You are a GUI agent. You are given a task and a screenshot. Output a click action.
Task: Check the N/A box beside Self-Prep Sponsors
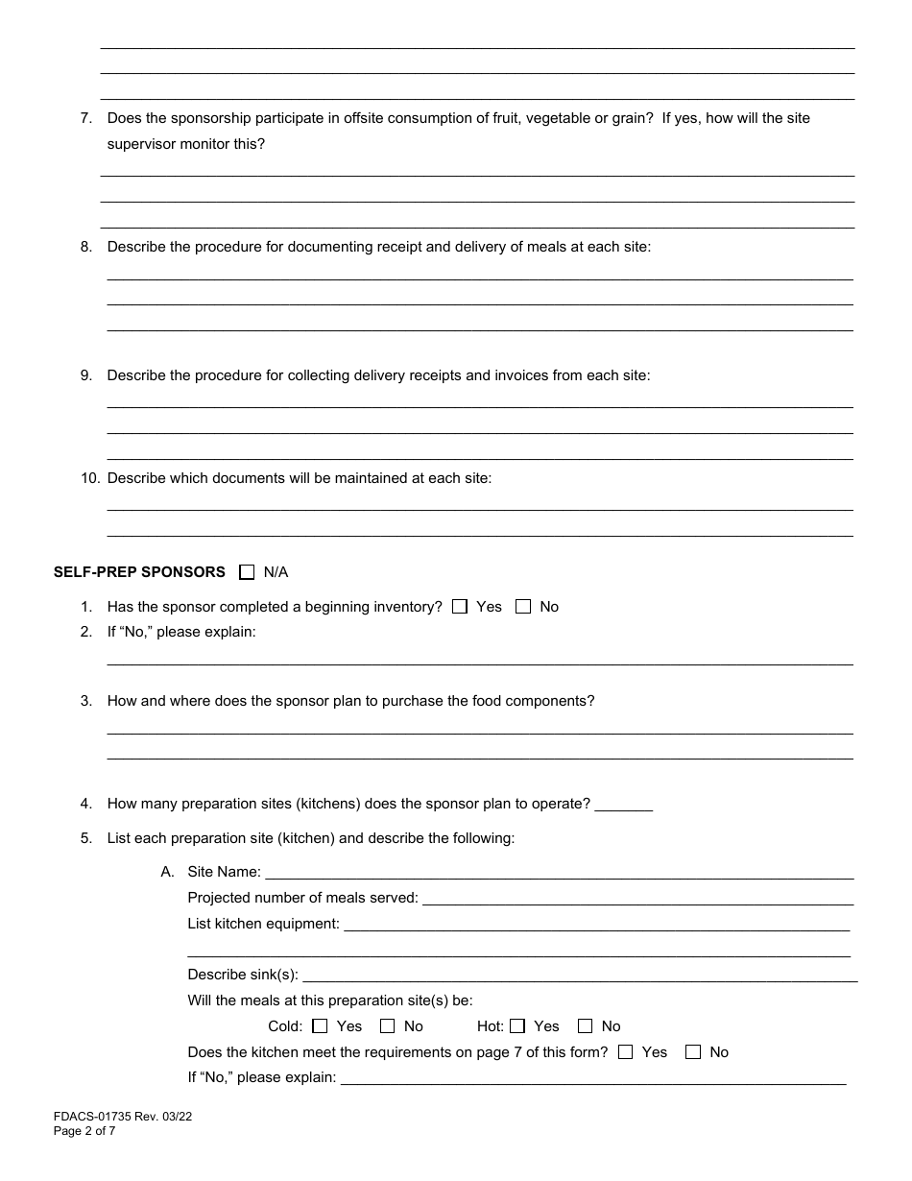(x=247, y=572)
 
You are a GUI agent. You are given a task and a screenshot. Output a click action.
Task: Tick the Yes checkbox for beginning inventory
(x=460, y=607)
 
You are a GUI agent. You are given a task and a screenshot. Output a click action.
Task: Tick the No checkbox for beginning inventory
(x=523, y=607)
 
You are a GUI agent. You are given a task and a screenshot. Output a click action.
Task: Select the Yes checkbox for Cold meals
(x=320, y=1026)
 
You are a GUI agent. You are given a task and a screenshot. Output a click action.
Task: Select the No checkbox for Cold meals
(x=388, y=1026)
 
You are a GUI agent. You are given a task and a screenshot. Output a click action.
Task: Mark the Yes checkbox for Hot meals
(x=517, y=1026)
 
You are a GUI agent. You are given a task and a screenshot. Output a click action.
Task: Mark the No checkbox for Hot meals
(x=586, y=1026)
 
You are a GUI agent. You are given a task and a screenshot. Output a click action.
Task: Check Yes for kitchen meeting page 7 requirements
(x=626, y=1052)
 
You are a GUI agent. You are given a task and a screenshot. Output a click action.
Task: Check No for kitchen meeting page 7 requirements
(x=693, y=1052)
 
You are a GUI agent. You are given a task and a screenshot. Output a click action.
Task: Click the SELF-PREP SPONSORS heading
(x=139, y=572)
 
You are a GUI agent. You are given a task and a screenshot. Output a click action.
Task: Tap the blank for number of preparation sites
(x=624, y=805)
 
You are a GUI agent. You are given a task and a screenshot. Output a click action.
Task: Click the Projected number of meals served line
(x=637, y=899)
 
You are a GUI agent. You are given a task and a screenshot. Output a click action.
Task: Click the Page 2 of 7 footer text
(x=84, y=1131)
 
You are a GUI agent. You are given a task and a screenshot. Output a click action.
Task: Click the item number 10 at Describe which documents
(x=90, y=478)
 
